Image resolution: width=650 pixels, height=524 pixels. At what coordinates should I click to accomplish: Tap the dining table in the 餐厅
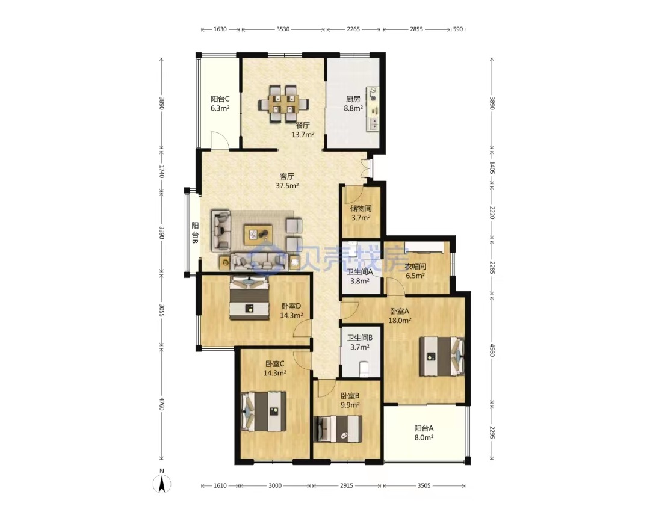pos(283,104)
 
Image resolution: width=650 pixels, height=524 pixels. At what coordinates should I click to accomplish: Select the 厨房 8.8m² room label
pos(353,103)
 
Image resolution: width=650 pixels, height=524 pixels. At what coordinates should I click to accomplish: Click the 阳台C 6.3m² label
pos(220,103)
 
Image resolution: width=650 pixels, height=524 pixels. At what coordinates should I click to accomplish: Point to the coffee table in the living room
pos(258,235)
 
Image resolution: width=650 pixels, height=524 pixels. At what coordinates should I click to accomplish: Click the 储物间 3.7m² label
pos(361,213)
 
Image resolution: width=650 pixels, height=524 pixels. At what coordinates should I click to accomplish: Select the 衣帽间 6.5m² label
pos(415,271)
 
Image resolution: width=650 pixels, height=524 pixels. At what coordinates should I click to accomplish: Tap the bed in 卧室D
pos(249,298)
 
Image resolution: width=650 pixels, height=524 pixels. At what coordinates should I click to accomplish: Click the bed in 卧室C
pos(264,411)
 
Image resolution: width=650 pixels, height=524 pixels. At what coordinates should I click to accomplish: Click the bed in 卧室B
pos(338,429)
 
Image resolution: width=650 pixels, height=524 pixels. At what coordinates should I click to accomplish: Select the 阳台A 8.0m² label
pos(424,433)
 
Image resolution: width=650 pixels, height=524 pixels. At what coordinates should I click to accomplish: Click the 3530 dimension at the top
pos(283,29)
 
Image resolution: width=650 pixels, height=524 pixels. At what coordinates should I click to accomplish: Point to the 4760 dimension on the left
pos(162,404)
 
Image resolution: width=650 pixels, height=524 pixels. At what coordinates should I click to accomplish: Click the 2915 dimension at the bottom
pos(347,485)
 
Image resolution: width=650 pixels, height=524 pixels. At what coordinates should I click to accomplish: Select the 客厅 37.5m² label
pos(287,181)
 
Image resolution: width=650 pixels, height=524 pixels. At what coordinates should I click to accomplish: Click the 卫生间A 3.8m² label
pos(360,276)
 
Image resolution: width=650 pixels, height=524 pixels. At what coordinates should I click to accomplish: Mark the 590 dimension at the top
pos(457,29)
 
